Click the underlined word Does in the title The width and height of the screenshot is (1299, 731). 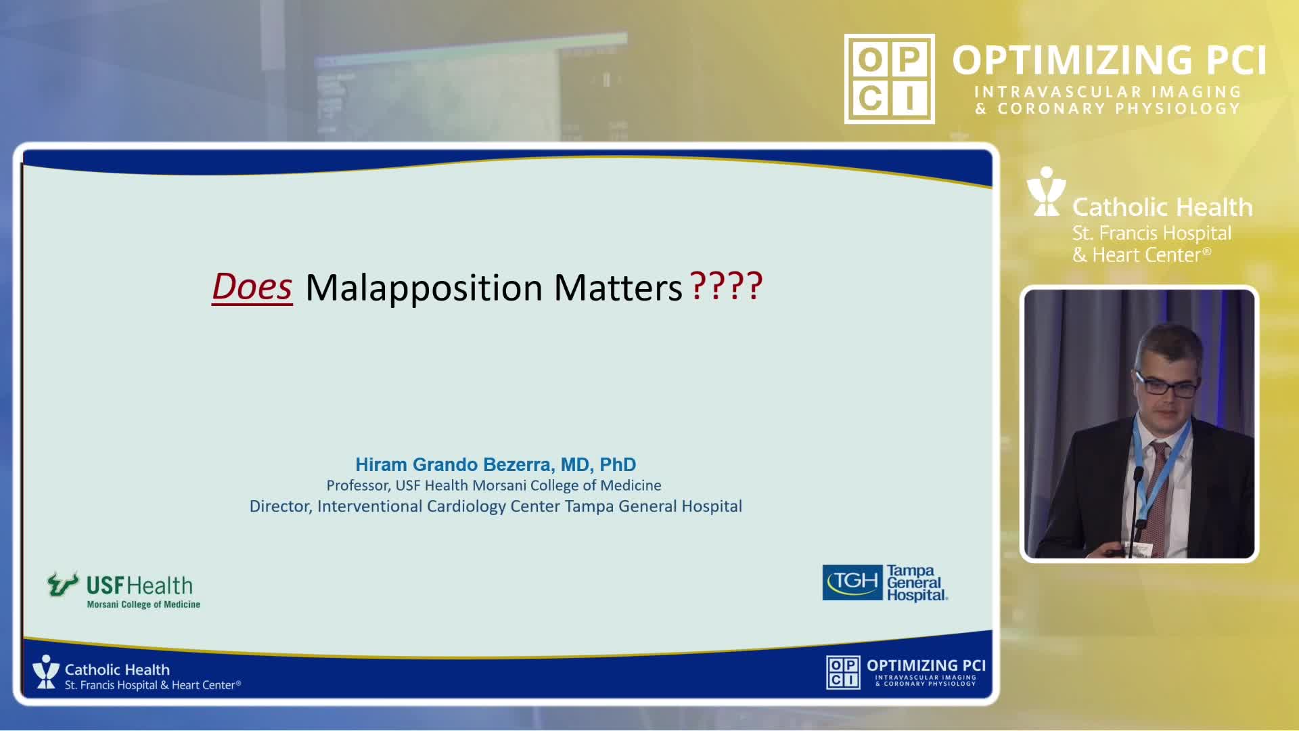pyautogui.click(x=252, y=287)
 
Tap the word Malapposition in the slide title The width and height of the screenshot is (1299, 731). pyautogui.click(x=424, y=289)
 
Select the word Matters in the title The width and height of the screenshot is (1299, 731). pyautogui.click(x=618, y=288)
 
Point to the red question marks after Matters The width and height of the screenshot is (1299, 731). pyautogui.click(x=726, y=286)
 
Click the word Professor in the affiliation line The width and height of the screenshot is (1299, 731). pyautogui.click(x=358, y=486)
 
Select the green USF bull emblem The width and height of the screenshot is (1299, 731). pyautogui.click(x=63, y=583)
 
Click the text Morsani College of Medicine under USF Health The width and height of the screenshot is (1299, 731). pyautogui.click(x=143, y=604)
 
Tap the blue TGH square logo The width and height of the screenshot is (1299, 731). pyautogui.click(x=852, y=582)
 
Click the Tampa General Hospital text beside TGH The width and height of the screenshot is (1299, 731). pyautogui.click(x=917, y=583)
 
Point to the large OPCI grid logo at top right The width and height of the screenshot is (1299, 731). pyautogui.click(x=890, y=79)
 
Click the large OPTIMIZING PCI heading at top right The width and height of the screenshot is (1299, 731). pyautogui.click(x=1110, y=60)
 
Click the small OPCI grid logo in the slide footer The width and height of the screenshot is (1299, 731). pyautogui.click(x=843, y=672)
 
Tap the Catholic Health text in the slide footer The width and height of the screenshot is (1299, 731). pyautogui.click(x=117, y=669)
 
